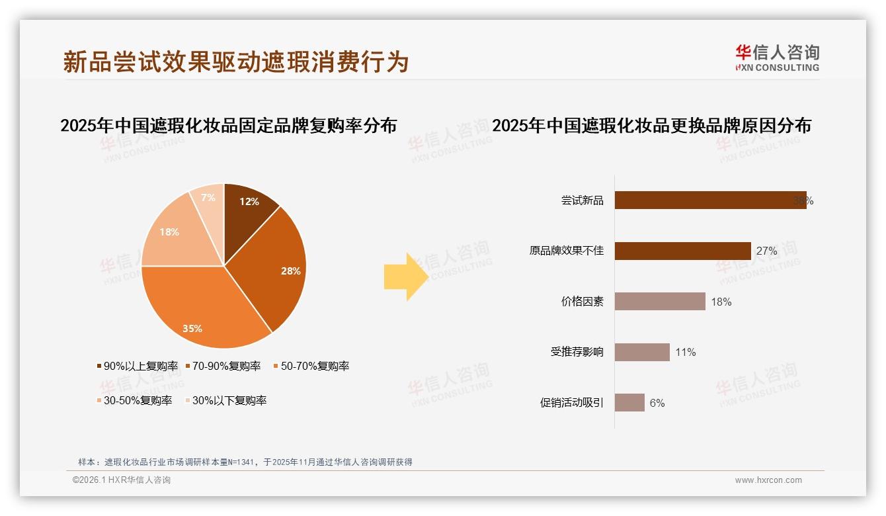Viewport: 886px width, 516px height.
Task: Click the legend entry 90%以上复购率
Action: coord(138,366)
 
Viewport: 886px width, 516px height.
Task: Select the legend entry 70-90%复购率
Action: coord(223,366)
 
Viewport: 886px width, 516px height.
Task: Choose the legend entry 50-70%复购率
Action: coord(311,366)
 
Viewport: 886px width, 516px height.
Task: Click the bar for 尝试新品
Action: coord(710,200)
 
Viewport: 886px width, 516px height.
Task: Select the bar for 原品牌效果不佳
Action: coord(682,251)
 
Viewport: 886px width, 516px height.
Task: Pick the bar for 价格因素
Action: coord(660,302)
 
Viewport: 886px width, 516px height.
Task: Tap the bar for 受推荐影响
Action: coord(642,352)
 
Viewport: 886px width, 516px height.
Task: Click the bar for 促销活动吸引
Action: coord(629,402)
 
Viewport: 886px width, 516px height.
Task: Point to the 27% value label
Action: coord(766,251)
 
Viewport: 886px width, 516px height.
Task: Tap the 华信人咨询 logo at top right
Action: coord(777,58)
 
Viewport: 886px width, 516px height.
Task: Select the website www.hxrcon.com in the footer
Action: coord(768,480)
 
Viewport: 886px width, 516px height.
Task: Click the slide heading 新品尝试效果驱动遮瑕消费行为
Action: coord(236,62)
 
